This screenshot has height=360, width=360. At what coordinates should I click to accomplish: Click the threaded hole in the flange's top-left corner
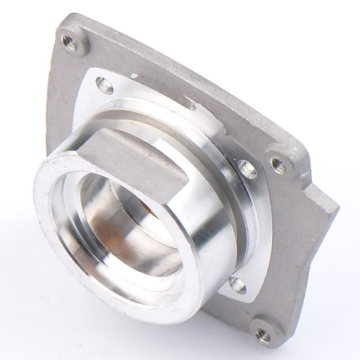tap(68, 40)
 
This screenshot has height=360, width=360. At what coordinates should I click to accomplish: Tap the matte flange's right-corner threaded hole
tap(277, 164)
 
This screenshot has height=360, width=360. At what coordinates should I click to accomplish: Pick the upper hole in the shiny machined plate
tap(106, 88)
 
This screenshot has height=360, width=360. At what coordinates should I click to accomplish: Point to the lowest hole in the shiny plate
tap(237, 286)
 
